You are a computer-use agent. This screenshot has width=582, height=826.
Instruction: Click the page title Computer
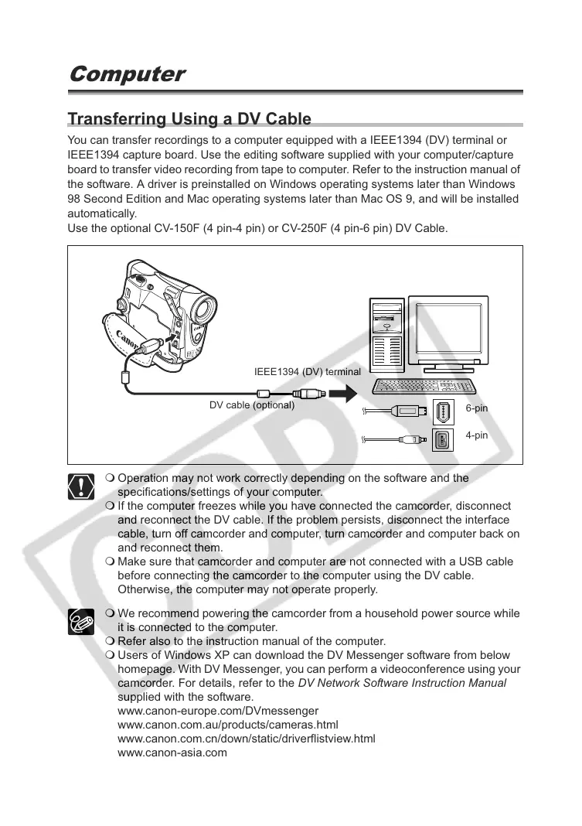pos(127,74)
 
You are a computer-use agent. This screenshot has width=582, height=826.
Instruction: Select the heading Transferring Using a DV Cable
pos(189,119)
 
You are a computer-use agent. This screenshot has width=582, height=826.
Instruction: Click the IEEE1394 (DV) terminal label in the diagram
pos(308,372)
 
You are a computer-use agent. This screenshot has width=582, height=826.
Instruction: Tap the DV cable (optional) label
pos(252,404)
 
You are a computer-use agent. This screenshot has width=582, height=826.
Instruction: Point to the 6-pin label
pos(477,408)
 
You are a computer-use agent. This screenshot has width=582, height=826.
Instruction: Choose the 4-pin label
pos(477,435)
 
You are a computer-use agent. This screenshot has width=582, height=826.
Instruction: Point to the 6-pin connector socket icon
pos(442,411)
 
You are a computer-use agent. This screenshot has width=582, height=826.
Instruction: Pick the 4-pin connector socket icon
pos(442,440)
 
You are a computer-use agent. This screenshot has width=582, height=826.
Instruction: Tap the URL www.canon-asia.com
pos(172,753)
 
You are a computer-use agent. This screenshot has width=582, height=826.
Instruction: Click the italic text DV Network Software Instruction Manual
pos(402,683)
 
